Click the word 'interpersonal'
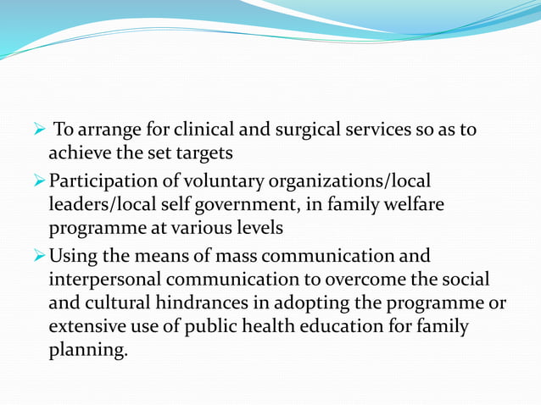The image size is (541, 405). coord(103,279)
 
